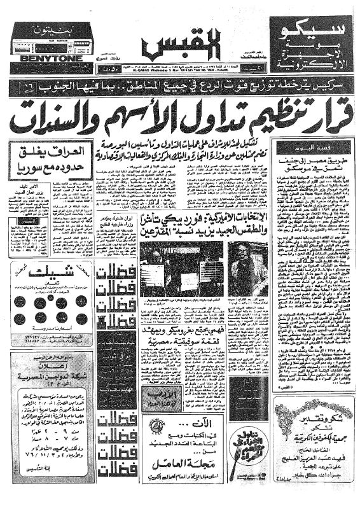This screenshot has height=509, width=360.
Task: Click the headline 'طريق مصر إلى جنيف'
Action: (x=301, y=162)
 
